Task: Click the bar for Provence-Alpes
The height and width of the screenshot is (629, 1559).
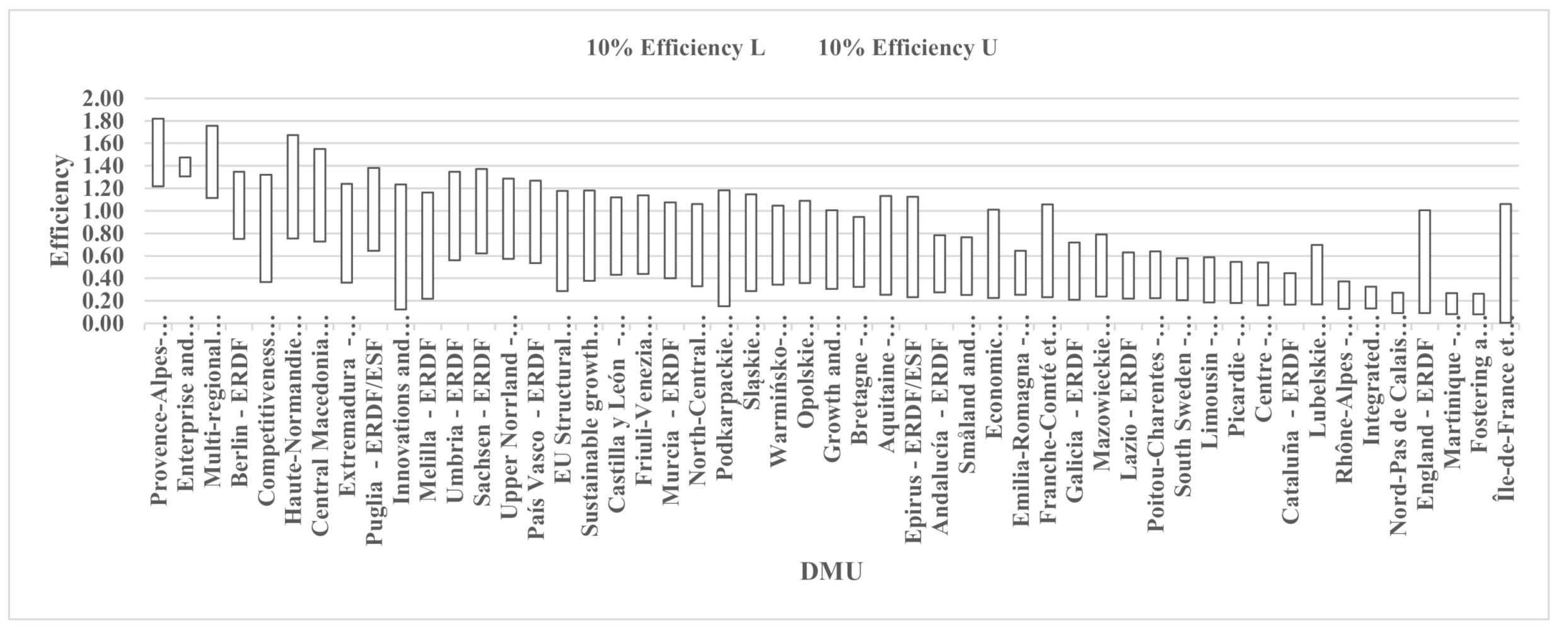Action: pos(158,153)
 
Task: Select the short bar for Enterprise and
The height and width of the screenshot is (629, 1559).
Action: pos(185,167)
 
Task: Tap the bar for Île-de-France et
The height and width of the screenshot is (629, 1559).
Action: pos(1505,263)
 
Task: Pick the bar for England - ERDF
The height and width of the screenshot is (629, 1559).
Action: pos(1424,262)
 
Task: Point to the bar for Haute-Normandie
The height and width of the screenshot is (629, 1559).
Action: pos(293,187)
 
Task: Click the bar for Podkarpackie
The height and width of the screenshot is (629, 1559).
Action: pos(724,248)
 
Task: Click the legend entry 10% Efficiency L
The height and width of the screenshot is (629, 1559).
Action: pos(676,49)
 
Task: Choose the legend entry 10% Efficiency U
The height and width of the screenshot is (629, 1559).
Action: pos(907,49)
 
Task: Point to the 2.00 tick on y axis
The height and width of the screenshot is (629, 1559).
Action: pos(103,99)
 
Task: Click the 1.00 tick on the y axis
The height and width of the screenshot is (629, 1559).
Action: pos(103,211)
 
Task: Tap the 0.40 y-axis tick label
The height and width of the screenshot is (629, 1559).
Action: pos(103,279)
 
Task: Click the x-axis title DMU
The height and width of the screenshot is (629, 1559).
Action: pos(831,572)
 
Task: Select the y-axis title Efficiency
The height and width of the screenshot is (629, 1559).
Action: pos(61,211)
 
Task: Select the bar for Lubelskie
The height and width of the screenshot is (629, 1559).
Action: pos(1317,275)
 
